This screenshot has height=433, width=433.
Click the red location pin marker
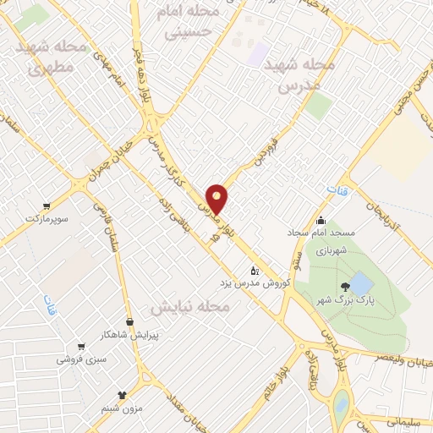(x=217, y=199)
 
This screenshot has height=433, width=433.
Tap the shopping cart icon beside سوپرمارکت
(x=46, y=206)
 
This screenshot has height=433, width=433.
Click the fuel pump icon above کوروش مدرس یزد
(x=254, y=271)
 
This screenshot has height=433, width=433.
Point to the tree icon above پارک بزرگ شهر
(x=344, y=288)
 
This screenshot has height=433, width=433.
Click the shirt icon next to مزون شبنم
(x=121, y=394)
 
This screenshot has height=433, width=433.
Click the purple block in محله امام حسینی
(x=257, y=54)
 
